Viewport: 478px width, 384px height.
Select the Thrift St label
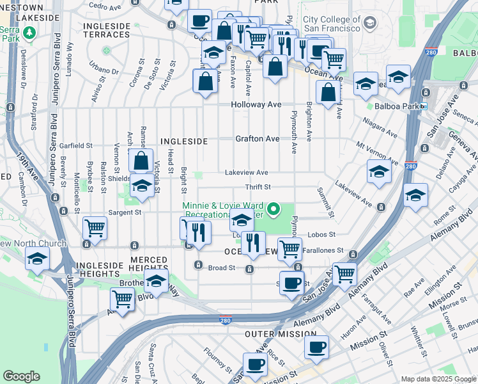(x=258, y=187)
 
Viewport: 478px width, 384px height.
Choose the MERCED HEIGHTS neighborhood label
(x=149, y=259)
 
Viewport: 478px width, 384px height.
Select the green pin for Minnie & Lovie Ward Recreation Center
(x=274, y=208)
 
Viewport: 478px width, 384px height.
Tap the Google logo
(x=22, y=376)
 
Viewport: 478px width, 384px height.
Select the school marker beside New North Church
(x=37, y=259)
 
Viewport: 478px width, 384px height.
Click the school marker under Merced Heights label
(x=156, y=280)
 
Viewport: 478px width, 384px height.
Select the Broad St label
(x=223, y=268)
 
